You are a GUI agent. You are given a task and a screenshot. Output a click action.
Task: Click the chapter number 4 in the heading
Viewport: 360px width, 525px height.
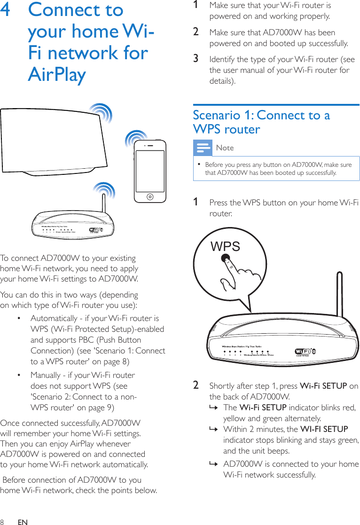point(7,10)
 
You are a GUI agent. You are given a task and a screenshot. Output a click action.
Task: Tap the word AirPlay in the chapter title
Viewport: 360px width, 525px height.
point(57,74)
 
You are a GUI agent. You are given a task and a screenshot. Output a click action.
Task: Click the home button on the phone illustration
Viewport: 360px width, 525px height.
point(150,196)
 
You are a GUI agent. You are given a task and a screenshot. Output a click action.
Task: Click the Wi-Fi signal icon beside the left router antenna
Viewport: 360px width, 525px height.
point(104,192)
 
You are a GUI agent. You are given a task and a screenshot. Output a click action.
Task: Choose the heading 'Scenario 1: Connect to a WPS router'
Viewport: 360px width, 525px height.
point(261,122)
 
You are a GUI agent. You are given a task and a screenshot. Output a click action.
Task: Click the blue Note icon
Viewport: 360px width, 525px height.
point(203,148)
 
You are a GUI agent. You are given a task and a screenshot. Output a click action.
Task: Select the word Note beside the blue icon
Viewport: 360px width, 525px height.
point(225,148)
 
